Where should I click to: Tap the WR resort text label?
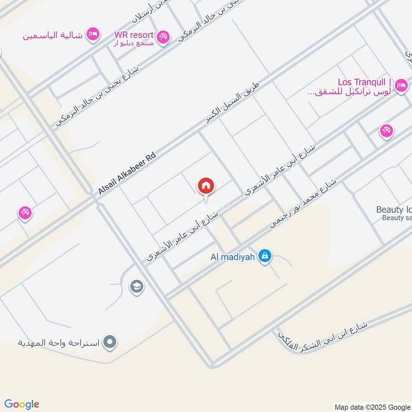134,35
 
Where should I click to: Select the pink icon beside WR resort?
163,37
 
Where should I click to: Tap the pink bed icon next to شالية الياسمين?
93,34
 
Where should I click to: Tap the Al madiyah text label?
233,256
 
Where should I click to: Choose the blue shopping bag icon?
265,255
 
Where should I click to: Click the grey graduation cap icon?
136,286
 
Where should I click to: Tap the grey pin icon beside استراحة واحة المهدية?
109,341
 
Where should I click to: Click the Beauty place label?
394,210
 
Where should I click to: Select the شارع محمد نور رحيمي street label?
303,204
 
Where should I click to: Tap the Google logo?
22,404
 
